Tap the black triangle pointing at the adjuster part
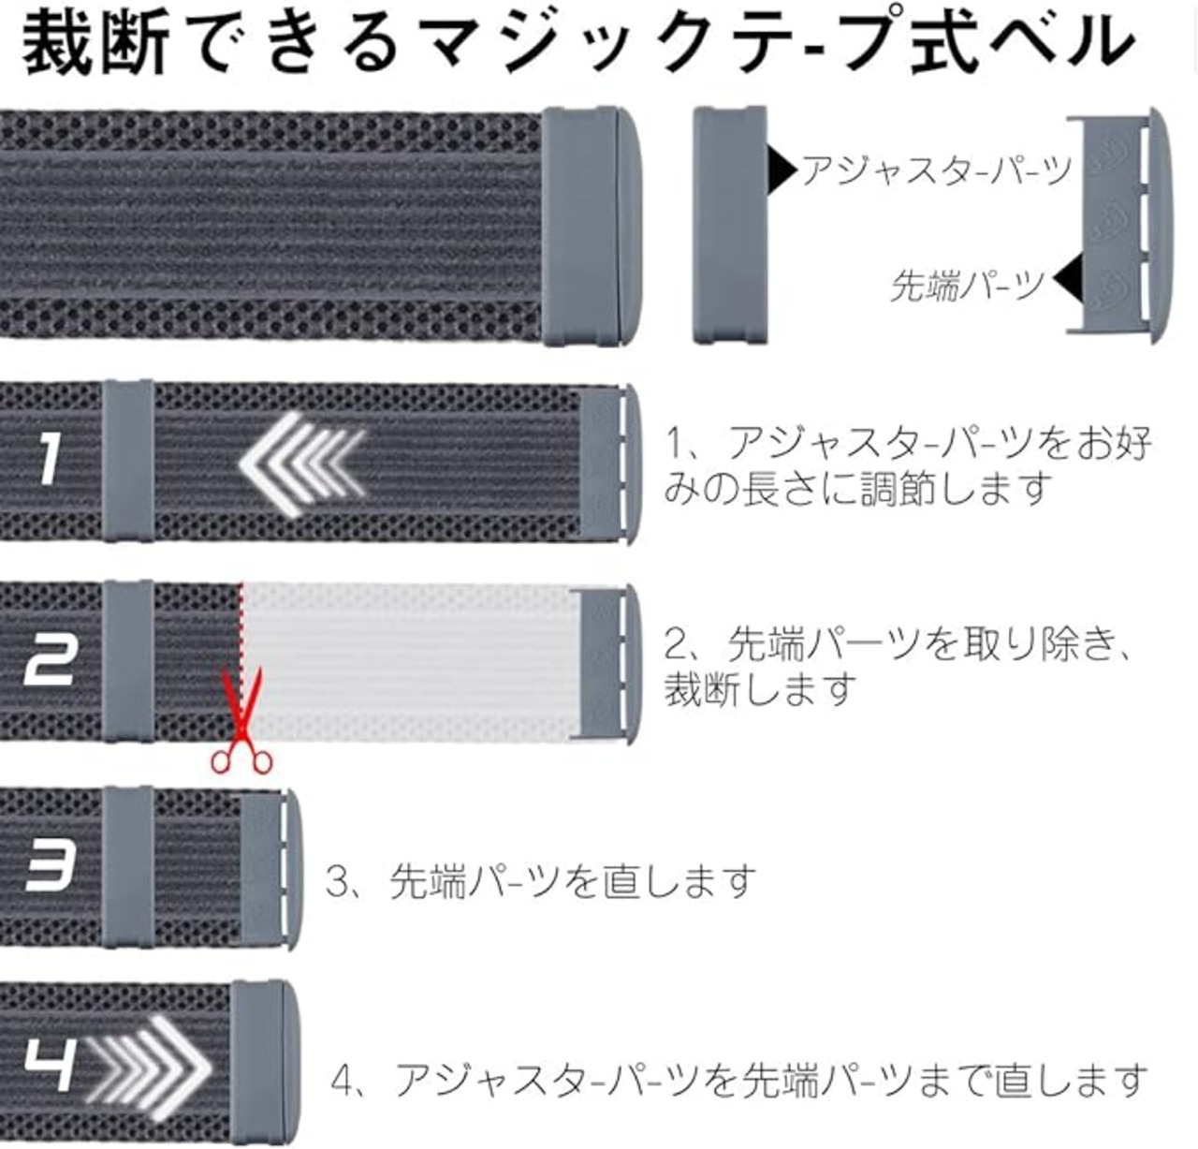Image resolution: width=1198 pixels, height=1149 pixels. click(x=781, y=169)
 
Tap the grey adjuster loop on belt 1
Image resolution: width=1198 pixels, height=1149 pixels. click(x=128, y=460)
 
